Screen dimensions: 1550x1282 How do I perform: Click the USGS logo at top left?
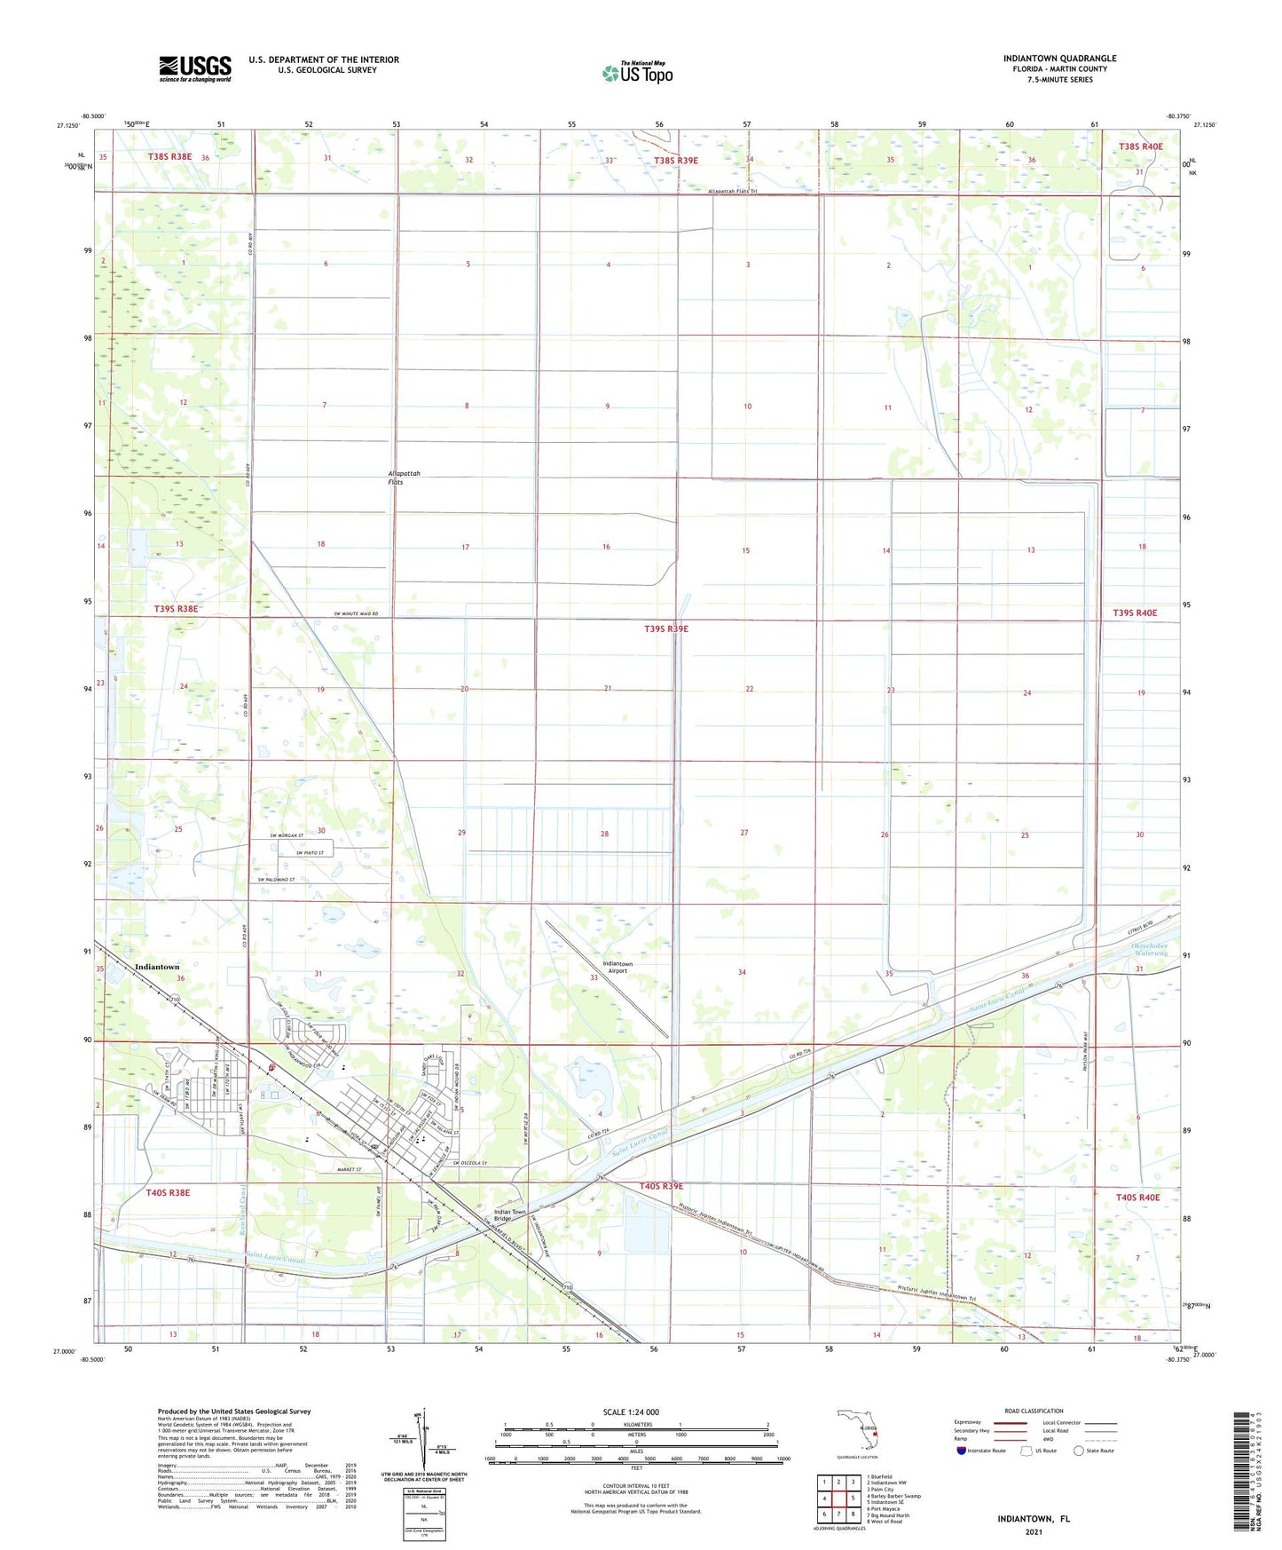(195, 68)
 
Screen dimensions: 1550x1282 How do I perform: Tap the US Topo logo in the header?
(637, 73)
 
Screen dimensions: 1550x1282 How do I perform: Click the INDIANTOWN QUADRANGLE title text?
(1059, 59)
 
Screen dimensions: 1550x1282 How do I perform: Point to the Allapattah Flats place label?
(403, 478)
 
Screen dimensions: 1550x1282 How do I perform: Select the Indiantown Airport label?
(617, 967)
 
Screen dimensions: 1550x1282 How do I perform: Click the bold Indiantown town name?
(157, 967)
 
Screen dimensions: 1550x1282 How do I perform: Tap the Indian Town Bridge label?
(509, 1215)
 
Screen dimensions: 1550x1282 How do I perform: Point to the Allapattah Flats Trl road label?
(733, 191)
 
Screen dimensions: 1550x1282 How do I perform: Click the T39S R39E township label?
(665, 629)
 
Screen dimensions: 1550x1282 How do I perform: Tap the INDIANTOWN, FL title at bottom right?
(1034, 1519)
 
